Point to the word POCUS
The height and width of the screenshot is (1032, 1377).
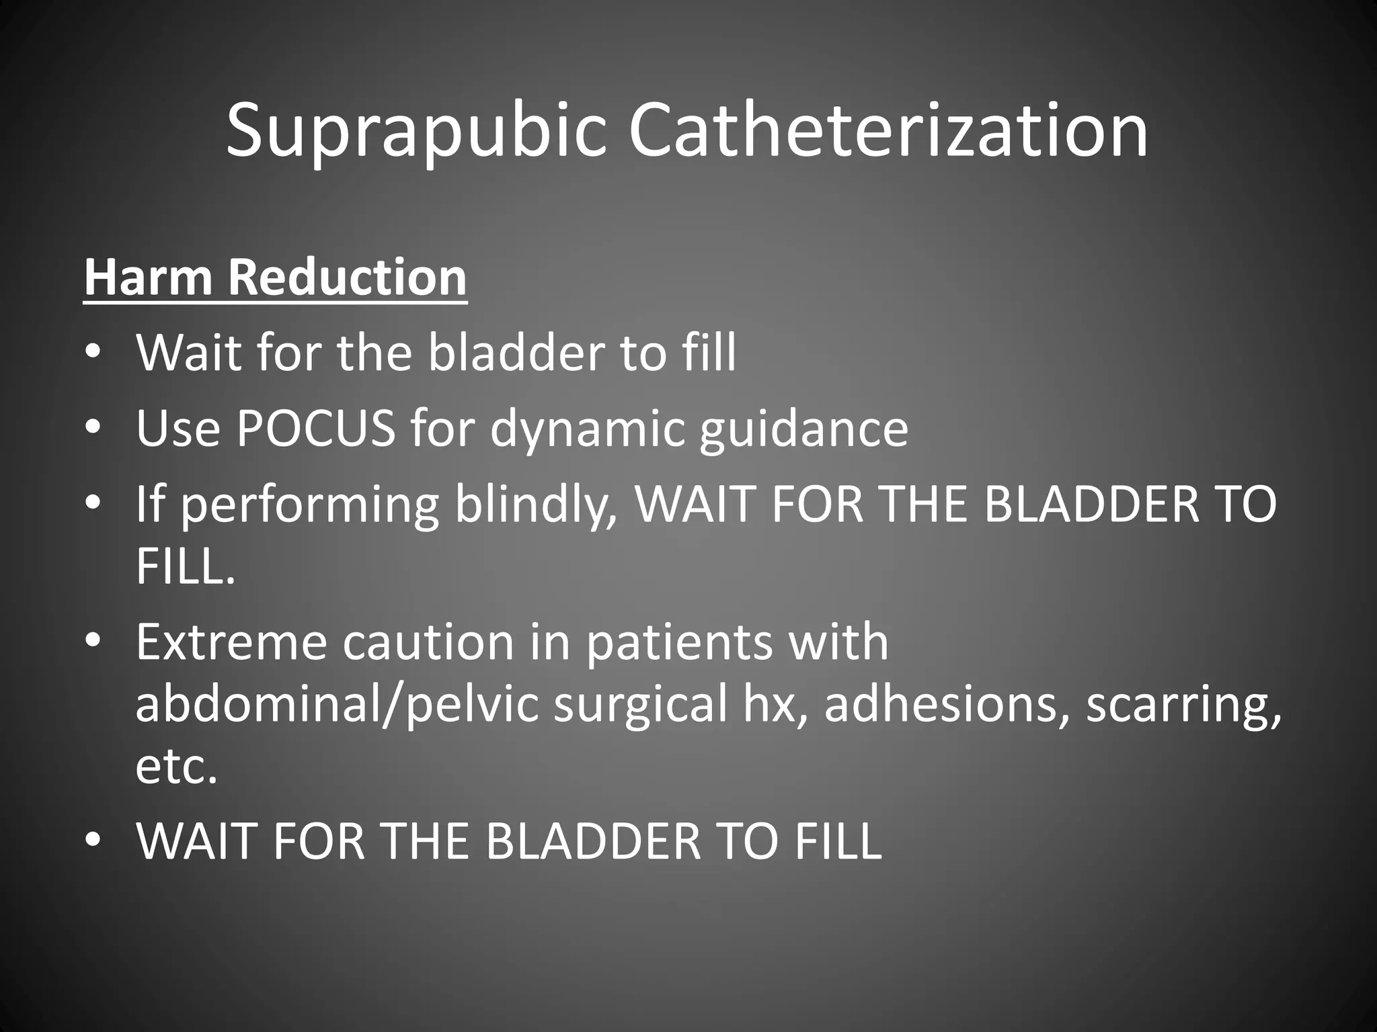[315, 428]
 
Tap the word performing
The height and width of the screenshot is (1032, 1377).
[310, 505]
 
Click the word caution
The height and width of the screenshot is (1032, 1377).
[428, 642]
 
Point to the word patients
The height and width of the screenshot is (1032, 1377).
[679, 642]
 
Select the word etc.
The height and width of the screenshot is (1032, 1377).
[176, 767]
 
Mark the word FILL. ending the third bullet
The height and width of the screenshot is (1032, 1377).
[186, 567]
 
